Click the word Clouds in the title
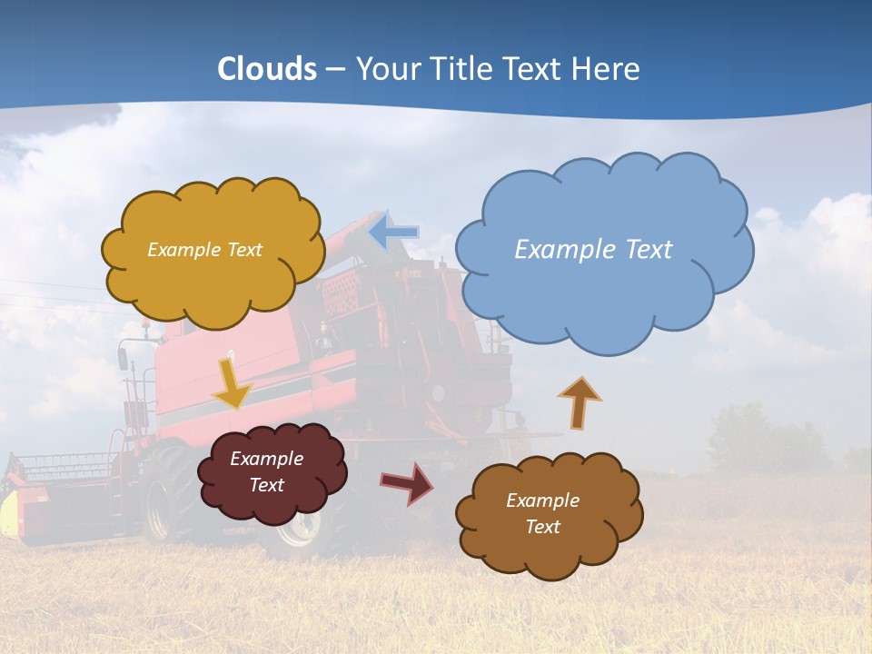coord(267,69)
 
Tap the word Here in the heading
coord(606,69)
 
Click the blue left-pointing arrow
coord(394,233)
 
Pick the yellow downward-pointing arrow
coord(233,383)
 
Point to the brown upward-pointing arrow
coord(580,402)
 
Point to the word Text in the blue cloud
coord(648,250)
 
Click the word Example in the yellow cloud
coord(183,250)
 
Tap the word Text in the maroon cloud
coord(267,485)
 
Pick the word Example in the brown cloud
coord(542,500)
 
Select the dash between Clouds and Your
coord(335,70)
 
